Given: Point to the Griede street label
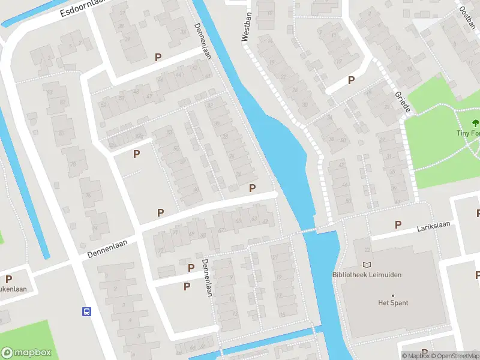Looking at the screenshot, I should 403,103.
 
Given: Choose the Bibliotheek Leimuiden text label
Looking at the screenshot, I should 367,275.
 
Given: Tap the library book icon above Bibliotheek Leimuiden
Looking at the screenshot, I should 367,265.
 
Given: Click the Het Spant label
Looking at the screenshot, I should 394,303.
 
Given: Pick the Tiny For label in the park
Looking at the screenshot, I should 467,133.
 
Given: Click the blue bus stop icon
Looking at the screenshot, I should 87,311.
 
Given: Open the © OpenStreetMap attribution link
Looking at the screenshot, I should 454,356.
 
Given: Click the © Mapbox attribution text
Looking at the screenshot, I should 416,356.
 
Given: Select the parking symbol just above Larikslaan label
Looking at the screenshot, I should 398,224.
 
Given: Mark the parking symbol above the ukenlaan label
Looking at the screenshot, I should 9,279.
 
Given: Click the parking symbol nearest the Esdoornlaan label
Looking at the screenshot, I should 158,57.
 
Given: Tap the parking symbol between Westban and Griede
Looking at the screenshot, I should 351,80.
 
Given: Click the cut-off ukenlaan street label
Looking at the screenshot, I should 17,289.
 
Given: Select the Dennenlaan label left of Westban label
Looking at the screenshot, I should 204,40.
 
